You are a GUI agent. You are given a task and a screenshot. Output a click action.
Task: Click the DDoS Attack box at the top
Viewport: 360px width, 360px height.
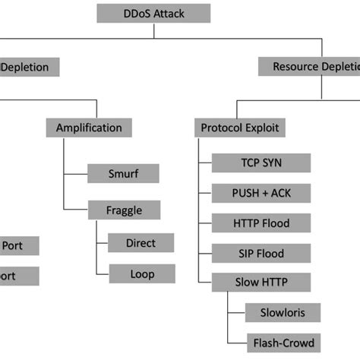[153, 14]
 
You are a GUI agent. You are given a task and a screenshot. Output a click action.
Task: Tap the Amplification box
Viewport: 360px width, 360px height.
[89, 127]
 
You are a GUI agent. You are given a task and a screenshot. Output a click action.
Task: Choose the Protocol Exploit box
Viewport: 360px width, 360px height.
[238, 128]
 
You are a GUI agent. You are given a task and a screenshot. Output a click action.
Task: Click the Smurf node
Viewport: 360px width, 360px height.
[123, 173]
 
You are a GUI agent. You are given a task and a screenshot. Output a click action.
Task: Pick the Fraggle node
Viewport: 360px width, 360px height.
[123, 209]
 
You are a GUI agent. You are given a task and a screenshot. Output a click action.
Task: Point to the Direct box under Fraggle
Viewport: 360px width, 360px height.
[141, 243]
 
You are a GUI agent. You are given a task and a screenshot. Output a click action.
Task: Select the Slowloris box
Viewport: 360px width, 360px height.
[279, 311]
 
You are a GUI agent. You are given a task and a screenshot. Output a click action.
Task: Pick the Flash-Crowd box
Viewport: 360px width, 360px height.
[279, 341]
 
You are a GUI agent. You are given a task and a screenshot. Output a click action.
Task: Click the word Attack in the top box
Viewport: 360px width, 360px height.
[171, 14]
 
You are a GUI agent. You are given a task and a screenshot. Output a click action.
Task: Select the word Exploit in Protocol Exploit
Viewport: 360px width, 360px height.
[261, 128]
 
